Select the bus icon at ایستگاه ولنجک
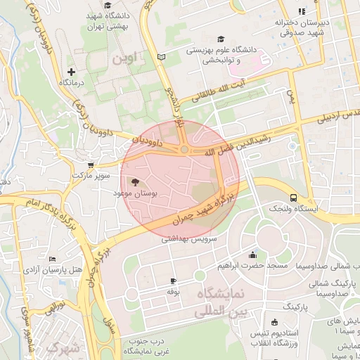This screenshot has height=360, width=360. [293, 198]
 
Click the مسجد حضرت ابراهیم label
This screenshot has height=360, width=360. [252, 266]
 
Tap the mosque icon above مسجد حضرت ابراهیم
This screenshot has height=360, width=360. [252, 255]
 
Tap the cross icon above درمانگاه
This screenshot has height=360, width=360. [70, 72]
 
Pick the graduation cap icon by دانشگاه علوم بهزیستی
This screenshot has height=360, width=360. [221, 39]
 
